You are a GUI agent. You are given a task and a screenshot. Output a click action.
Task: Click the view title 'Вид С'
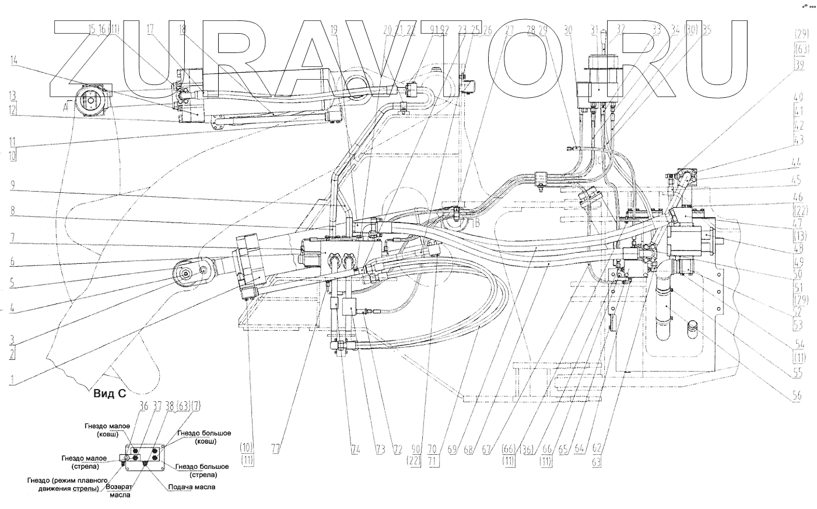point(110,394)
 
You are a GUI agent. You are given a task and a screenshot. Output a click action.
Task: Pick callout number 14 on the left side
point(13,61)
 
